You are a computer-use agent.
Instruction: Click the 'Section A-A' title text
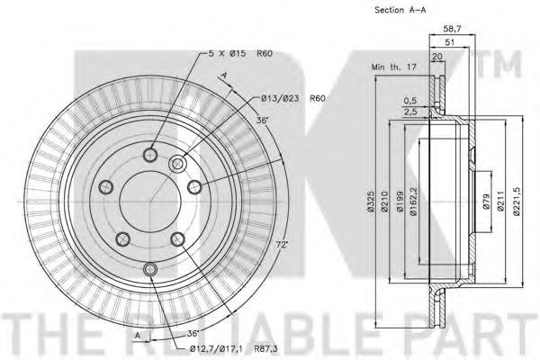(x=400, y=10)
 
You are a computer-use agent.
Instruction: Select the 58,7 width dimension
(x=452, y=29)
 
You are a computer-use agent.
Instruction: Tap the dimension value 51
(x=450, y=42)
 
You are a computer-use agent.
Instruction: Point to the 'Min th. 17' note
(x=394, y=67)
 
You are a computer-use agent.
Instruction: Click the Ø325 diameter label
(x=370, y=201)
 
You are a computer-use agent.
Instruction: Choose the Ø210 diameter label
(x=384, y=202)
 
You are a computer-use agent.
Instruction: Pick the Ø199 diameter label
(x=400, y=202)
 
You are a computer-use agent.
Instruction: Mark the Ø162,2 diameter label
(x=414, y=202)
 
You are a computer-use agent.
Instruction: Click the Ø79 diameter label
(x=486, y=202)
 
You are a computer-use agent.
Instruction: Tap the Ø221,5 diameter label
(x=516, y=202)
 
